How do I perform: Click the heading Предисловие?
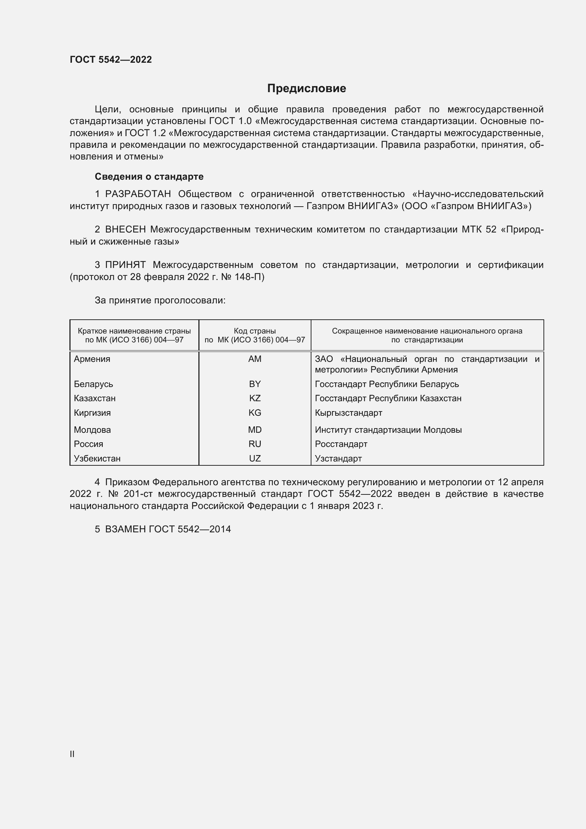click(306, 89)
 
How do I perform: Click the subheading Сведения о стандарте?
click(149, 177)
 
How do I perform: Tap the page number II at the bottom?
click(72, 754)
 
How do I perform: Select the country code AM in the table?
click(255, 359)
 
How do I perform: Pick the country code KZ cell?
click(255, 398)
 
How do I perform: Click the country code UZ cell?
click(255, 458)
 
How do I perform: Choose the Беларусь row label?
click(94, 384)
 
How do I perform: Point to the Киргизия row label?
click(92, 413)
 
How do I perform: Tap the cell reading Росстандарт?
click(341, 444)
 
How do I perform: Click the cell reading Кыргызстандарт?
click(349, 413)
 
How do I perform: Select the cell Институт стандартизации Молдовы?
click(388, 430)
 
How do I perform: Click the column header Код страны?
click(255, 331)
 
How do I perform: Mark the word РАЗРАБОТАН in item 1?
click(138, 194)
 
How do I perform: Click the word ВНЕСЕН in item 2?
click(125, 229)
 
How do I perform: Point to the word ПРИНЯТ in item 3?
click(125, 265)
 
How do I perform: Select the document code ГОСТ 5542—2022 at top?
click(111, 60)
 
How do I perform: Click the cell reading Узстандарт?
click(338, 459)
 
